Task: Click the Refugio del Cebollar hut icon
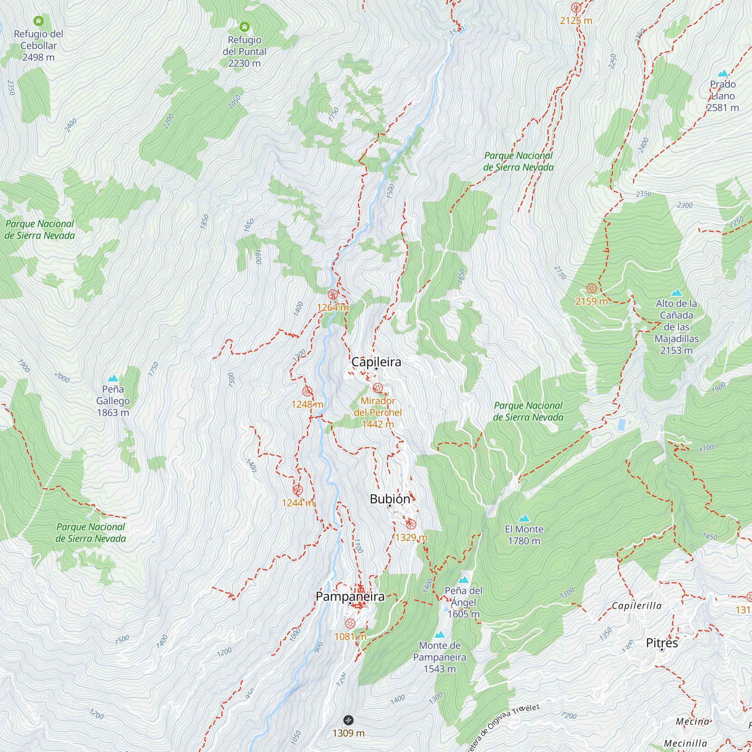tap(38, 21)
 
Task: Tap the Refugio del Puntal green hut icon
tap(244, 27)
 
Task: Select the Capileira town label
tap(376, 362)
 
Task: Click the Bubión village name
tap(390, 499)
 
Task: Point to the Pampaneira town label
tap(350, 596)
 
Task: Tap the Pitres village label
tap(662, 643)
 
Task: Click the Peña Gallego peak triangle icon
tap(113, 378)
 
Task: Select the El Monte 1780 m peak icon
tap(524, 518)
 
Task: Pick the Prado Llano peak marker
tap(722, 73)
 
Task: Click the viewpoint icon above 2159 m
tap(591, 288)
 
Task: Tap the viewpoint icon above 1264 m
tap(332, 294)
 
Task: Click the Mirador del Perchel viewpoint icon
tap(378, 388)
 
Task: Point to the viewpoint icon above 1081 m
tap(350, 623)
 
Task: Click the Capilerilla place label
tap(637, 606)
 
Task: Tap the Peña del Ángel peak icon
tap(463, 580)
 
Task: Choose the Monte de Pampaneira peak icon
tap(440, 634)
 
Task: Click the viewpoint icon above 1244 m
tap(298, 490)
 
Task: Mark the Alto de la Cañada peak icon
tap(676, 292)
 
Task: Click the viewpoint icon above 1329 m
tap(411, 524)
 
